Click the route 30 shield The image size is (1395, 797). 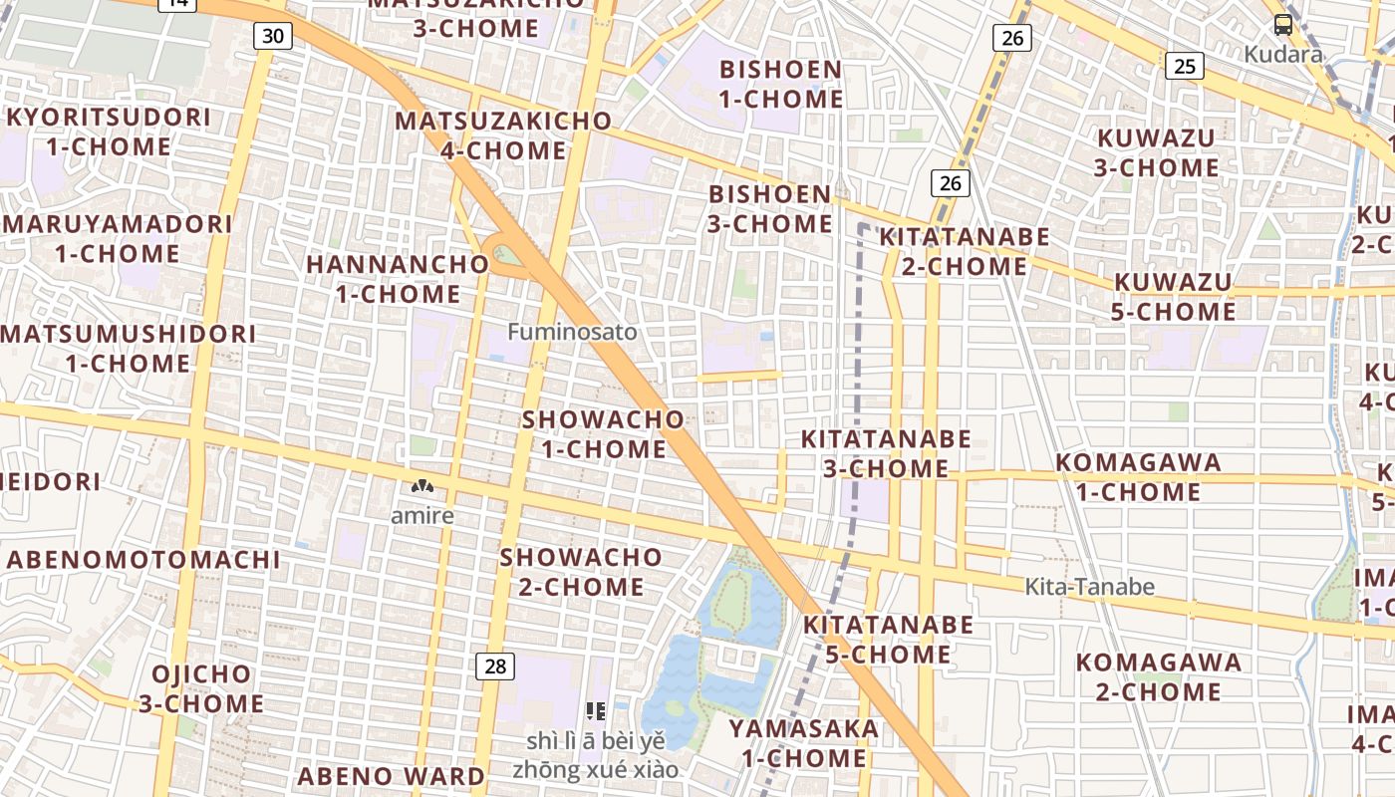[x=273, y=37]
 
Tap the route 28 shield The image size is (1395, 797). [x=494, y=665]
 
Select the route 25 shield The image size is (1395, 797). [x=1184, y=66]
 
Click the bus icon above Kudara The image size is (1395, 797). [x=1283, y=26]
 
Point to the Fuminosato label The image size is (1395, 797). [x=572, y=332]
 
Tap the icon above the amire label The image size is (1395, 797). [x=422, y=487]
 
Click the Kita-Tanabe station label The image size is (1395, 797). [x=1089, y=587]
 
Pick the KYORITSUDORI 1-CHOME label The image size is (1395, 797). [x=109, y=132]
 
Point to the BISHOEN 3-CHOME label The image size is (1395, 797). [x=769, y=209]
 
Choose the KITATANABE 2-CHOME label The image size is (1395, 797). [x=964, y=251]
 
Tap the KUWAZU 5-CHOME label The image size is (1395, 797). [x=1173, y=297]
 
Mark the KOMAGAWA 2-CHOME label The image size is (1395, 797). [x=1158, y=676]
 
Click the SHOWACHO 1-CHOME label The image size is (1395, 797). [x=604, y=434]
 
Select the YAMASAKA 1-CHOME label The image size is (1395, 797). [x=803, y=743]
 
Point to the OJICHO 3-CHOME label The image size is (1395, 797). [x=201, y=688]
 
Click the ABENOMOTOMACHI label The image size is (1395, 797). [x=143, y=560]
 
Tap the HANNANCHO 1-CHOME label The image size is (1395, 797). [x=398, y=279]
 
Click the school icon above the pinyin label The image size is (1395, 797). [x=596, y=711]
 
